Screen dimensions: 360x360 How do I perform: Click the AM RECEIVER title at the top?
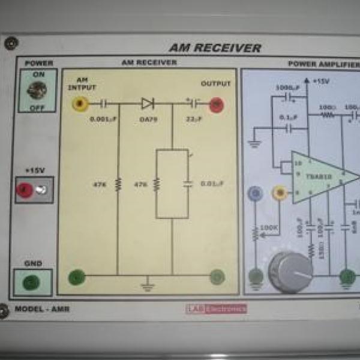[x=215, y=48]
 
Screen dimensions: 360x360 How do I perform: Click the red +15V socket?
[x=25, y=190]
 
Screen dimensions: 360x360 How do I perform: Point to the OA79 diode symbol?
[x=148, y=104]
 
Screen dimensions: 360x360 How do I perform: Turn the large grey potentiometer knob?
[x=290, y=272]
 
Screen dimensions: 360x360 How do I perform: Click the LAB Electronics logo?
[x=216, y=309]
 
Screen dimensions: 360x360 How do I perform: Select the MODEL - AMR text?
[x=43, y=309]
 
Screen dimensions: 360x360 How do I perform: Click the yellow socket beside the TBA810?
[x=278, y=193]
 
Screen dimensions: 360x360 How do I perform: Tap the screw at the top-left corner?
[x=10, y=43]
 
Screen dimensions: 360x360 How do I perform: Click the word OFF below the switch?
[x=38, y=108]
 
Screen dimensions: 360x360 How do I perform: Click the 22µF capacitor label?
[x=193, y=118]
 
